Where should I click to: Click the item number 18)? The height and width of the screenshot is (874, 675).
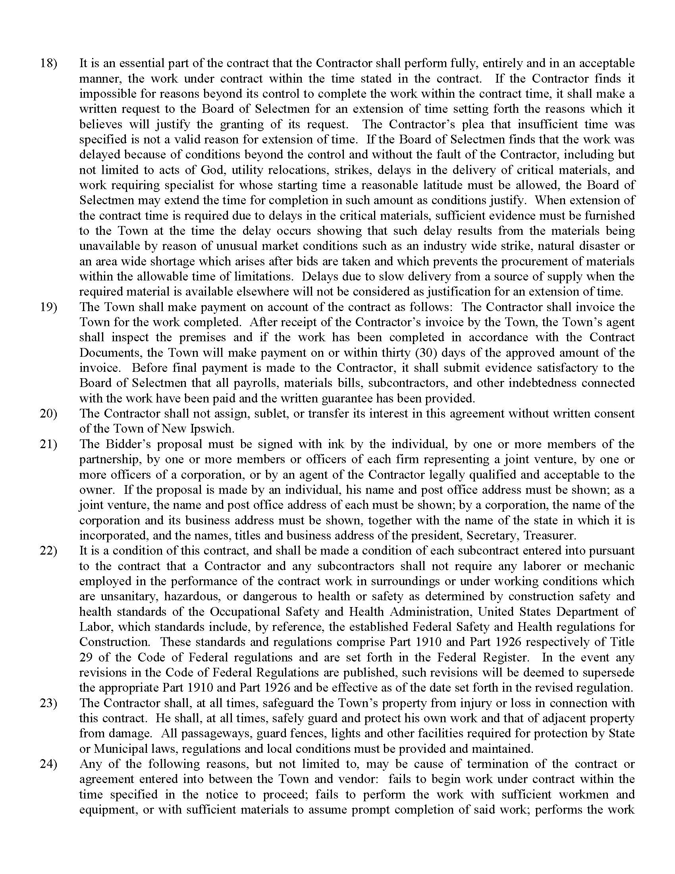(48, 63)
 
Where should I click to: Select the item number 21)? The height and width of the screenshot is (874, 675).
(48, 444)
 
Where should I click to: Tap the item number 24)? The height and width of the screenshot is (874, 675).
(48, 764)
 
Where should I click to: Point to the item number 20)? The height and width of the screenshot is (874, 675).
(48, 414)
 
